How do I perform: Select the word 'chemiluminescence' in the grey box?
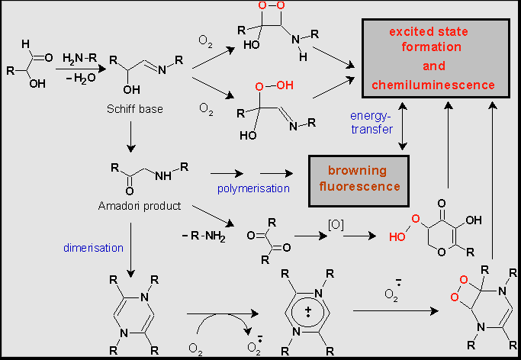[433, 84]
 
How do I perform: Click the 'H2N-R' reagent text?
[79, 58]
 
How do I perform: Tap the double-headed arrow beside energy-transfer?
[403, 126]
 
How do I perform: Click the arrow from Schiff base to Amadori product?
[131, 135]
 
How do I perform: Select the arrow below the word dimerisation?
[131, 260]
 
